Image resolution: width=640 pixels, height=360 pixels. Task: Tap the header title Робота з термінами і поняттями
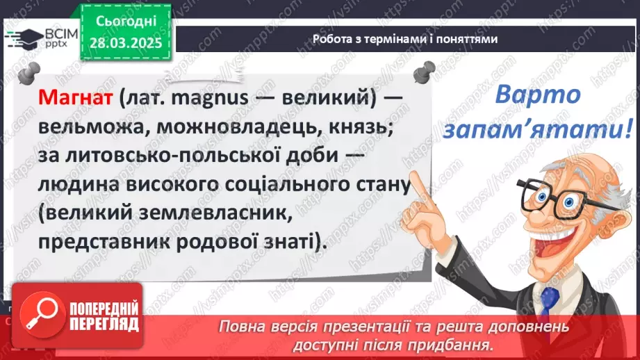(x=405, y=39)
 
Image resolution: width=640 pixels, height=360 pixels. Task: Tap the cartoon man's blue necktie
(x=549, y=306)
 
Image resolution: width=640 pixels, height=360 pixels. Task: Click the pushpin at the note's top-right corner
(x=422, y=70)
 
